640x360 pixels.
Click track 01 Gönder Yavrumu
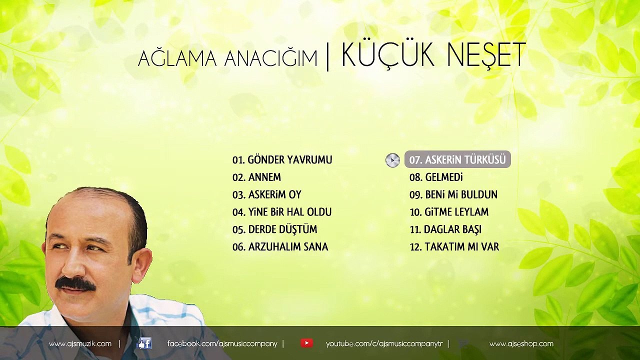282,159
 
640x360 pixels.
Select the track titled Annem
256,177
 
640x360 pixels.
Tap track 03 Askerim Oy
267,194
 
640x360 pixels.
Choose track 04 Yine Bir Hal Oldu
282,212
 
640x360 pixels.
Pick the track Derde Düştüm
274,229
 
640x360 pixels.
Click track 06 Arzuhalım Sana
280,246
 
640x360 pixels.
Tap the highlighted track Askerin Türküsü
457,159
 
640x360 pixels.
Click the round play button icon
392,160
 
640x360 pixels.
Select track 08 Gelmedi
436,177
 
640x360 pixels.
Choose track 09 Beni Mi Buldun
453,194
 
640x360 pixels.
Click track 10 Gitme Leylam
449,212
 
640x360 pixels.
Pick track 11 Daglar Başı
445,229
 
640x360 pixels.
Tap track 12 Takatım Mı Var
454,246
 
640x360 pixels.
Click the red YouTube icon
306,343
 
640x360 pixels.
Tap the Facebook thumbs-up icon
144,343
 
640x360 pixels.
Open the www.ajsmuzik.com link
80,343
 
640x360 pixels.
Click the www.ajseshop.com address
521,343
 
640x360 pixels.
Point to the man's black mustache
75,284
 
